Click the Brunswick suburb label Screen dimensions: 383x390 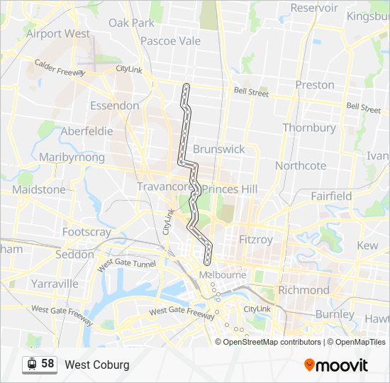pos(218,149)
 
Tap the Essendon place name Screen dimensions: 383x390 pos(114,106)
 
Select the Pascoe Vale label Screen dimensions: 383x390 pos(170,41)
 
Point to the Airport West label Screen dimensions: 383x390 pos(58,33)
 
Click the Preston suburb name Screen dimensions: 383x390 pos(315,84)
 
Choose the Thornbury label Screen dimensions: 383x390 pos(309,128)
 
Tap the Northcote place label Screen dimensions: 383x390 pos(301,165)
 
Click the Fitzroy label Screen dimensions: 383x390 pos(256,240)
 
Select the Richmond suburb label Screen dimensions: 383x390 pos(303,290)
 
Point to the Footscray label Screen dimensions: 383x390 pos(87,232)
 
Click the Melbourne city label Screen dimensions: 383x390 pos(223,275)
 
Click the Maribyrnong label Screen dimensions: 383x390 pos(72,157)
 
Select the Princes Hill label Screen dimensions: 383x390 pos(230,189)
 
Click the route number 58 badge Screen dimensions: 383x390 pos(48,364)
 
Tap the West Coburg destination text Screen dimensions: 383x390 pos(97,365)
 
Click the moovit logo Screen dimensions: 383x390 pos(336,365)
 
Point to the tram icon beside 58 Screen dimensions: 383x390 pos(32,365)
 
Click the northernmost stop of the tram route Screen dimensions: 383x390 pos(186,87)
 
